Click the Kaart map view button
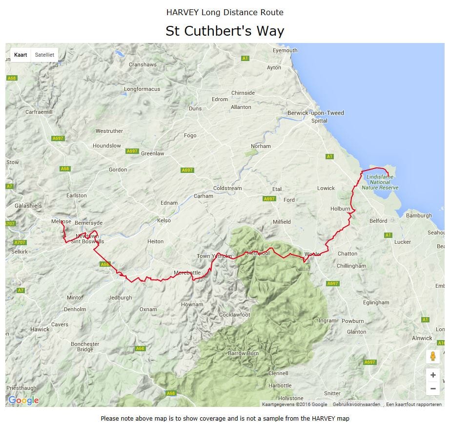20,55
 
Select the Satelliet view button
44,55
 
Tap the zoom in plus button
432,375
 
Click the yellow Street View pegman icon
432,356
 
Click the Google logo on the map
23,401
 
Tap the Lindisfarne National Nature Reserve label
380,182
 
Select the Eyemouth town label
285,50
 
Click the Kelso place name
164,220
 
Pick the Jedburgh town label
120,298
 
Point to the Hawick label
40,329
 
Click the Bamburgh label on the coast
419,215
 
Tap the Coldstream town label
227,188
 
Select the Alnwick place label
422,338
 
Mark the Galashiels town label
28,206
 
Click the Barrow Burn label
243,353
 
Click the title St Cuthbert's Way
225,31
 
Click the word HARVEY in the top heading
183,12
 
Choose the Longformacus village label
142,89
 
